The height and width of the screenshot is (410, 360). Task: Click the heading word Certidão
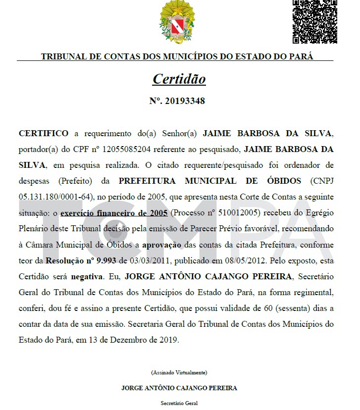click(x=179, y=79)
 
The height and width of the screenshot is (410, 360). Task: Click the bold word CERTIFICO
click(x=44, y=134)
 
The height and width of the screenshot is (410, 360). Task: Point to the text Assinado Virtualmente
click(x=179, y=372)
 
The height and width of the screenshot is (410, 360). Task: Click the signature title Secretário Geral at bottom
click(x=179, y=404)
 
